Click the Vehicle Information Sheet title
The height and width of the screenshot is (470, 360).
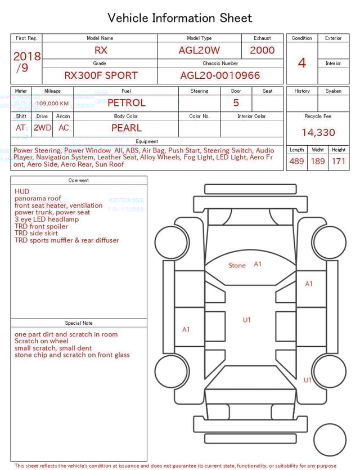pos(180,18)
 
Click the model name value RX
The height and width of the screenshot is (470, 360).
pos(101,50)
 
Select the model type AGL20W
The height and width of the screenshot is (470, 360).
pos(199,50)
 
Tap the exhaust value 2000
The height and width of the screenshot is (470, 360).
pos(262,50)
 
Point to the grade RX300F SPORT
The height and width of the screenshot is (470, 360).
pos(101,75)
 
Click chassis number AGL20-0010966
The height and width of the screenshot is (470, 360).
pos(220,75)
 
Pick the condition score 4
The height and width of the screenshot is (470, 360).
pos(301,63)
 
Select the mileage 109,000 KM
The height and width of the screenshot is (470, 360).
pos(52,104)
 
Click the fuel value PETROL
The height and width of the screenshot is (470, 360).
pos(126,103)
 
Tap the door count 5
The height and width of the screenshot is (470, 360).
pos(236,103)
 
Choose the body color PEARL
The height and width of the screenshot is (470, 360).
pos(126,128)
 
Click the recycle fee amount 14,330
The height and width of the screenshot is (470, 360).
pos(318,133)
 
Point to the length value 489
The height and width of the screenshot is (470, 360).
pos(296,162)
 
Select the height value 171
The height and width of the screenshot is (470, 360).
pos(339,162)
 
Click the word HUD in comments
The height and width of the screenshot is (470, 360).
pos(22,191)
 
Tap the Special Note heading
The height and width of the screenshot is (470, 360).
pos(79,323)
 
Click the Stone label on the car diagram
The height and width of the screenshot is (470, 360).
pos(237,266)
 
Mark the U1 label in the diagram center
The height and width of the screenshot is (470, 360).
pos(246,320)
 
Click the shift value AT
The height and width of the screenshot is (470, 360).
pos(21,128)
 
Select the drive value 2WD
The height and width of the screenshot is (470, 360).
pos(42,128)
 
